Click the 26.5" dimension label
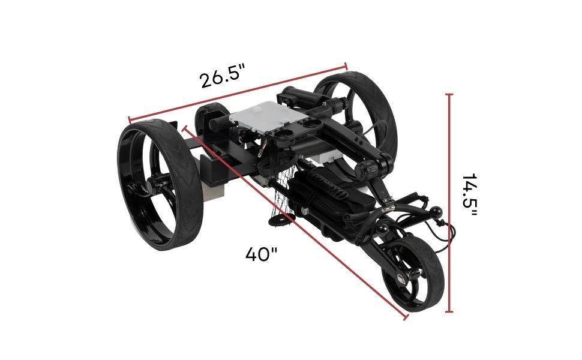[223, 78]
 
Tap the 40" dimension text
[261, 254]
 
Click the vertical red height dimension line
[449, 204]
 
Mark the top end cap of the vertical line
[449, 94]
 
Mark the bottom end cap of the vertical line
[449, 312]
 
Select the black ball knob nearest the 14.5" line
[437, 211]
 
